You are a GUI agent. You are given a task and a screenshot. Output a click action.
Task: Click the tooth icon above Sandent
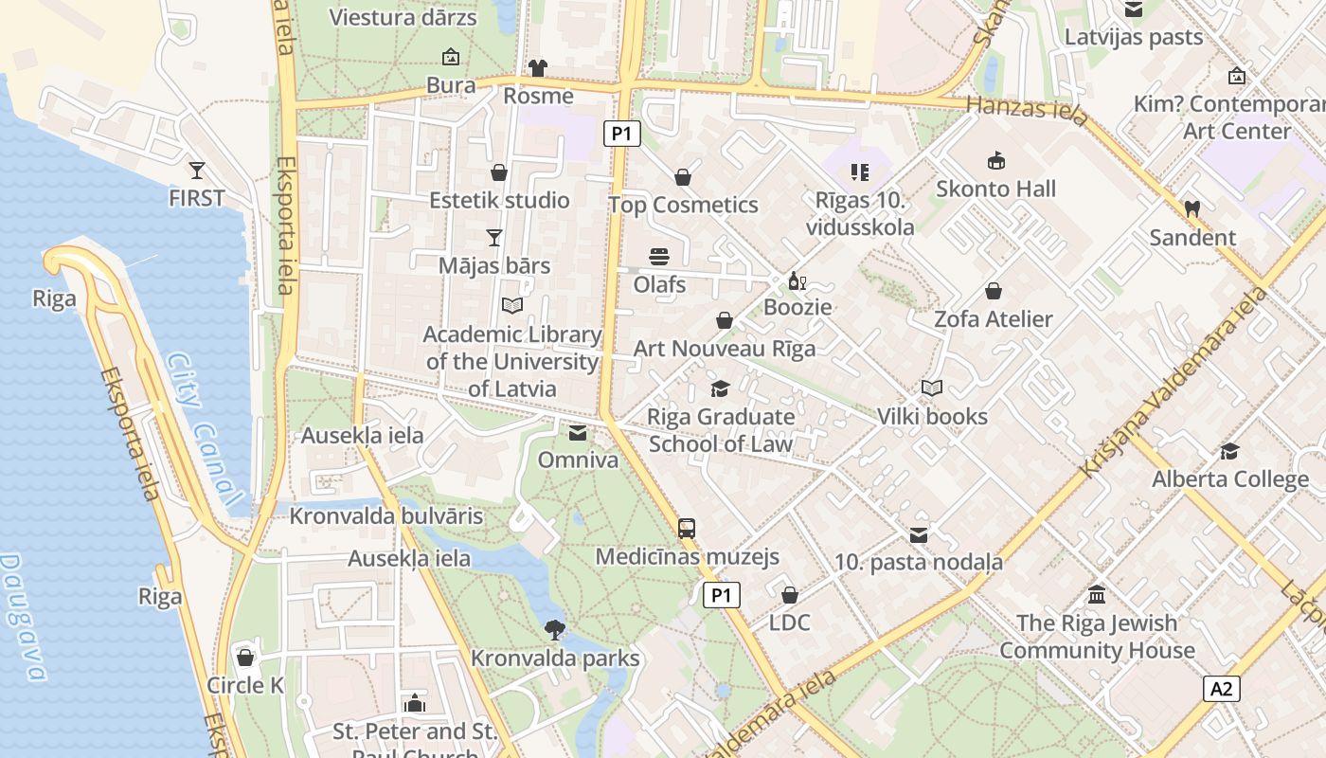(x=1192, y=208)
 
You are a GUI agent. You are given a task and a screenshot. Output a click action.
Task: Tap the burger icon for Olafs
(x=659, y=256)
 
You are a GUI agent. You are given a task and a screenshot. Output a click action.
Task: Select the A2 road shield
(x=1222, y=688)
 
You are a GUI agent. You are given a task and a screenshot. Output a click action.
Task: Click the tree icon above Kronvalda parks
(x=555, y=629)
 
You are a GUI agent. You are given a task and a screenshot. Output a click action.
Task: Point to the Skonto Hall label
(x=995, y=189)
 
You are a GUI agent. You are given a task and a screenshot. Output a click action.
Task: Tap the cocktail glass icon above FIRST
(x=196, y=171)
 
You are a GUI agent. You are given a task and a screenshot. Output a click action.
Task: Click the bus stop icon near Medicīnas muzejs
(x=687, y=528)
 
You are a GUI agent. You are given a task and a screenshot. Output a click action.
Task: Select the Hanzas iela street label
(x=1027, y=106)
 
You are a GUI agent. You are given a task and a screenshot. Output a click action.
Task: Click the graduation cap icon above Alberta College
(x=1229, y=451)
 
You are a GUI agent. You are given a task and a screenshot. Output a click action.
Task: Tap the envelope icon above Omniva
(x=577, y=433)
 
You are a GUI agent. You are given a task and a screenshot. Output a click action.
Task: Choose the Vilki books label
(x=932, y=416)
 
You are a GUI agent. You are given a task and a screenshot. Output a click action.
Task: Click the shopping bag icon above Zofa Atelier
(x=993, y=291)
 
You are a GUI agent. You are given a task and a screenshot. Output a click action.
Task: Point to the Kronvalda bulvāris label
(x=386, y=516)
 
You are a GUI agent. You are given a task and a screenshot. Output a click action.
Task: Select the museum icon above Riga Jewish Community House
(x=1097, y=595)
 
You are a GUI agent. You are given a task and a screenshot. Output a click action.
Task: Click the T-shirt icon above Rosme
(x=538, y=68)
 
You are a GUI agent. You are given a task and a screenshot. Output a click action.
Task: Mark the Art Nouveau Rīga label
(x=724, y=348)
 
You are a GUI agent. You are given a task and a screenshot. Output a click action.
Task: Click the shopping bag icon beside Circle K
(x=245, y=657)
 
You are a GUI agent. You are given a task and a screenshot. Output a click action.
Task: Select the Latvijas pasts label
(x=1134, y=37)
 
